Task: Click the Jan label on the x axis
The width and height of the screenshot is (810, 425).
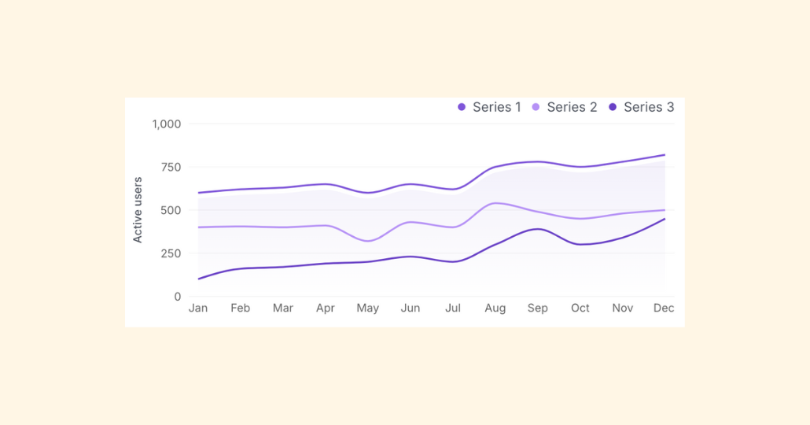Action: tap(198, 309)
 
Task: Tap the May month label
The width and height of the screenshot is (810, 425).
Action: tap(368, 309)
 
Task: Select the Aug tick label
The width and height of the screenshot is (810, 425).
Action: tap(495, 309)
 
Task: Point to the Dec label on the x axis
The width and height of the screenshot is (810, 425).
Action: tap(664, 309)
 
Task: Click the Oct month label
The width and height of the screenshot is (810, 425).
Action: tap(580, 309)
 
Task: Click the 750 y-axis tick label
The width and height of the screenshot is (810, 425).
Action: tap(170, 167)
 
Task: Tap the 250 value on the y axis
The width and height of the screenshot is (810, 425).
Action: tap(170, 253)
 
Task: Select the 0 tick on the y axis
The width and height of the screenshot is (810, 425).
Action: tap(178, 297)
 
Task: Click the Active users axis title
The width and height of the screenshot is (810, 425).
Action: tap(138, 210)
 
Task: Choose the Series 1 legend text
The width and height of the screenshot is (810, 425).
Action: tap(497, 107)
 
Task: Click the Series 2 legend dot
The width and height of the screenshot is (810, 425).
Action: tap(536, 107)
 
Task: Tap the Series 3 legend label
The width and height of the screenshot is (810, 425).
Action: tap(649, 107)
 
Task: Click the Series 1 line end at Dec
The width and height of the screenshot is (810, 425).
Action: tap(665, 155)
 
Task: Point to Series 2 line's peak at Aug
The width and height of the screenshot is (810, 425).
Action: tap(494, 203)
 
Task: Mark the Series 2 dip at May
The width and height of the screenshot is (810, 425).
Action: tap(368, 241)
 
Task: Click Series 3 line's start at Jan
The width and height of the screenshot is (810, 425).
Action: tap(198, 279)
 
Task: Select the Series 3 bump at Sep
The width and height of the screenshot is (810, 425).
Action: tap(537, 229)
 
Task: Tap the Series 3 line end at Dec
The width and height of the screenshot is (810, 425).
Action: tap(665, 219)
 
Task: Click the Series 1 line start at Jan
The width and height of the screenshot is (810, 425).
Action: tap(198, 193)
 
